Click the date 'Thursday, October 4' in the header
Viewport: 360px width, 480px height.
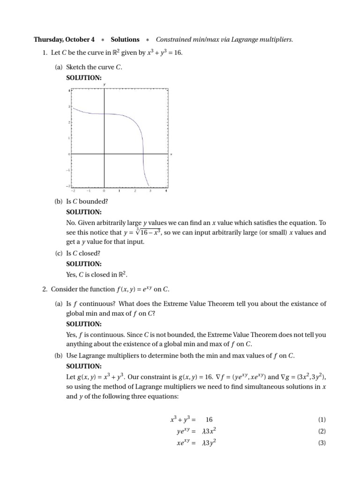click(64, 40)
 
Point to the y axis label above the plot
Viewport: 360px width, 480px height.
click(104, 85)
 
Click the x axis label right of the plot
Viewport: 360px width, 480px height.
click(171, 154)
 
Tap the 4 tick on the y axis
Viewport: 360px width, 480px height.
click(69, 90)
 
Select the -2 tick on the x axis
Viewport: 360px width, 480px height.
click(73, 191)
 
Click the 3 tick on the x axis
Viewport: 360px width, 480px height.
click(150, 191)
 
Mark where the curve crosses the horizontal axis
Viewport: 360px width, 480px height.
click(143, 154)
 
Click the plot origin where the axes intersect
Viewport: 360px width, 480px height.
click(104, 154)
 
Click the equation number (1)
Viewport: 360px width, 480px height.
click(322, 420)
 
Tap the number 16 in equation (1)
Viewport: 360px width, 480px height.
click(209, 420)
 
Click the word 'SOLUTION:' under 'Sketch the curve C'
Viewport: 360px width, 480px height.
click(83, 77)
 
